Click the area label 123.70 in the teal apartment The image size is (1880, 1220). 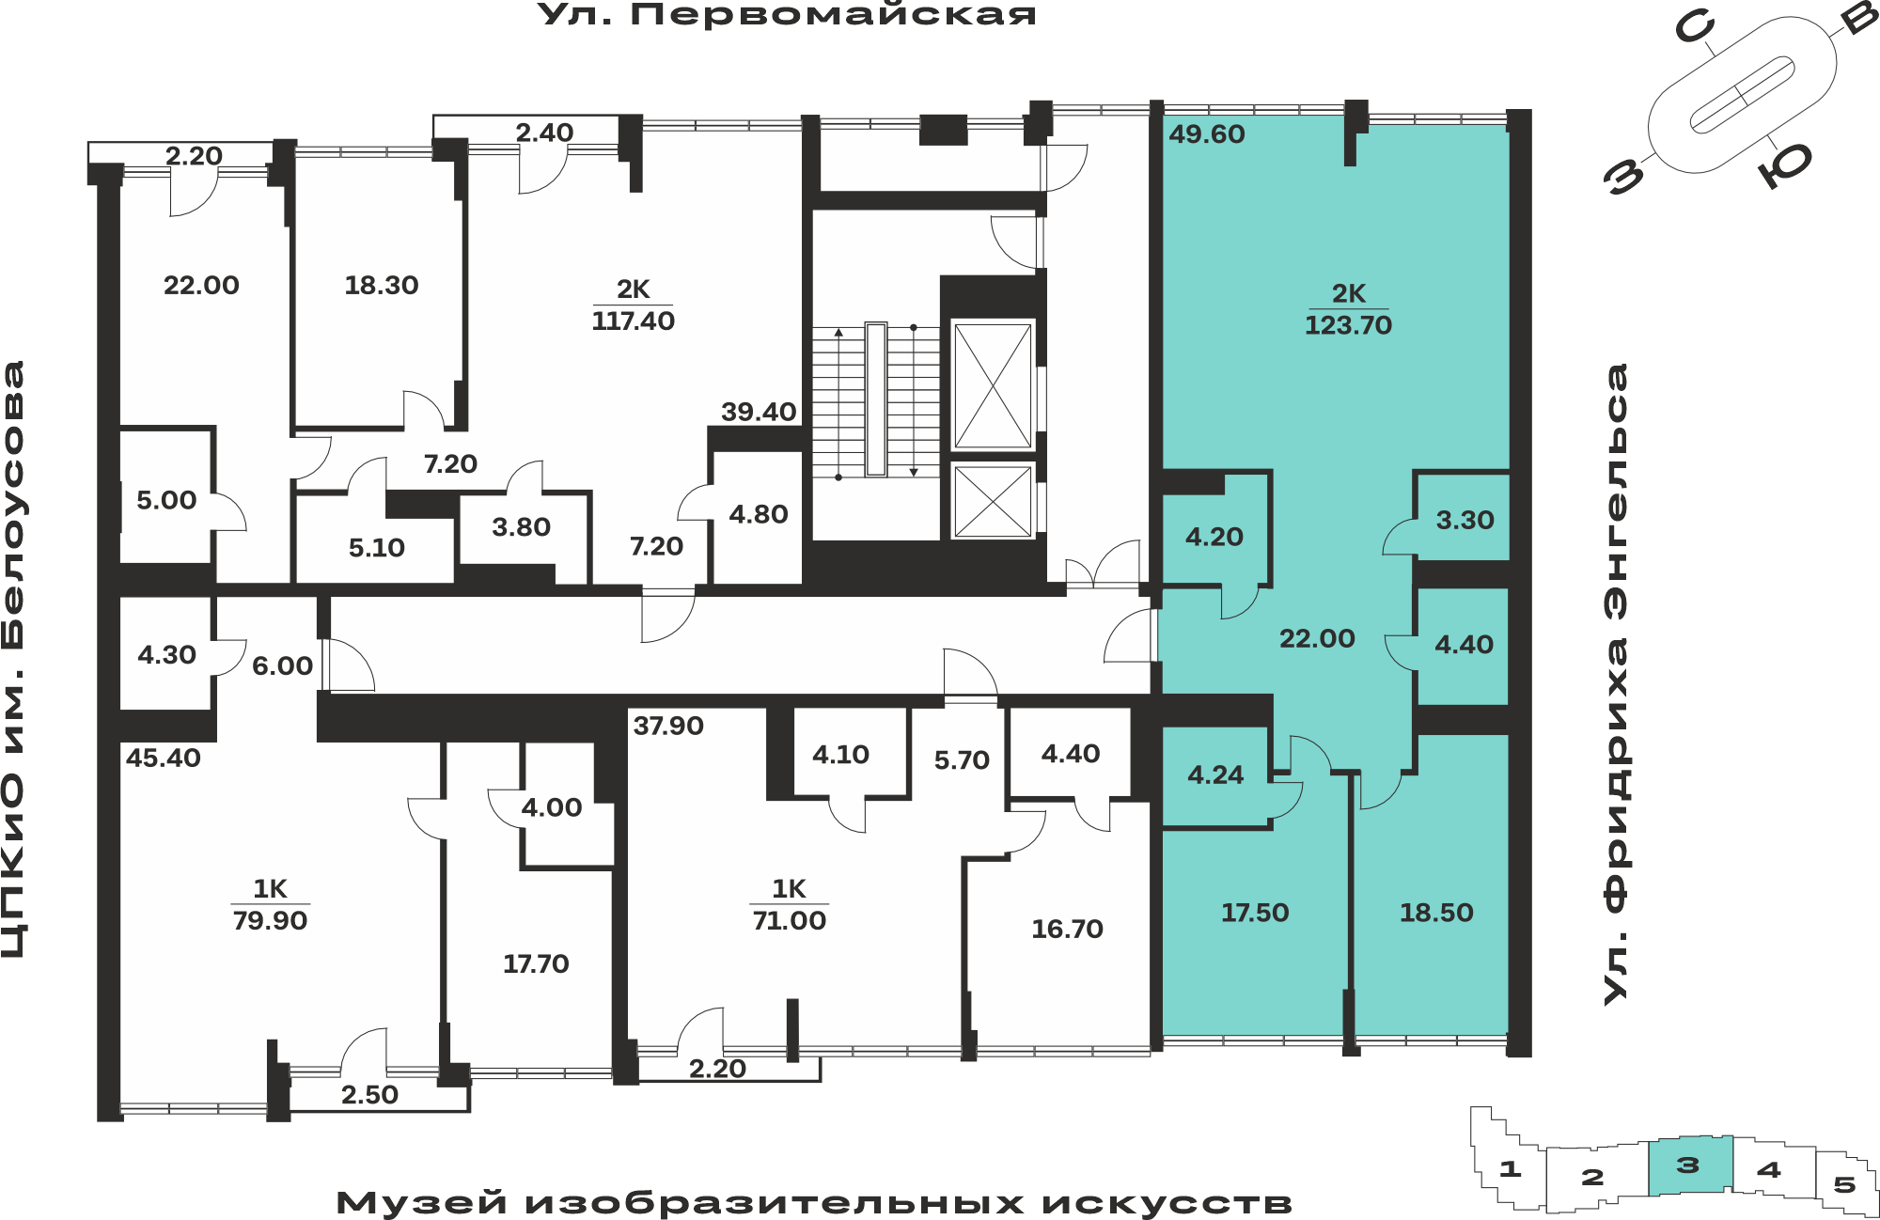1348,325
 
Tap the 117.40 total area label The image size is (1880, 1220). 633,321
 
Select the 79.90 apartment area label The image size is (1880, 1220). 270,921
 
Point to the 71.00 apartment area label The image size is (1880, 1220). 789,921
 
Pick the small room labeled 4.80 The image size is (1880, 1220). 759,515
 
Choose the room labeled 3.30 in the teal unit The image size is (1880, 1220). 1465,521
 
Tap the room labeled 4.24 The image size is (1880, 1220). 1215,775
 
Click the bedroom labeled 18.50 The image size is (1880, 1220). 1436,913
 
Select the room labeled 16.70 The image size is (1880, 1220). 1067,930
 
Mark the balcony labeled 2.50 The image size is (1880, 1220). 369,1095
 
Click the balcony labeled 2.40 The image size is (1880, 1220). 544,133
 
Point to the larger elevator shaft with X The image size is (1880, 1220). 993,384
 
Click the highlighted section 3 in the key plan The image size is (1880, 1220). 1690,1165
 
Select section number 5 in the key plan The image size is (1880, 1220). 1844,1184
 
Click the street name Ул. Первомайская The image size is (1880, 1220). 787,15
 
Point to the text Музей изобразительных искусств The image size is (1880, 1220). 814,1203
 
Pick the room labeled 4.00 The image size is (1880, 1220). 552,807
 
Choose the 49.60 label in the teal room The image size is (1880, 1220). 1207,134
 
